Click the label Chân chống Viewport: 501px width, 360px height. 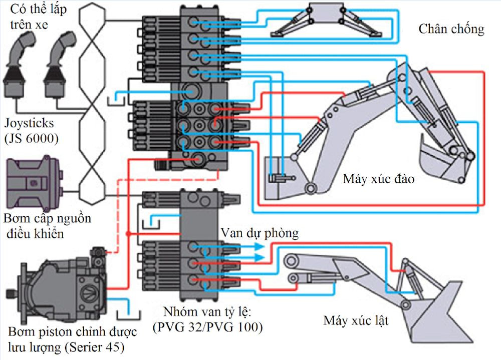click(x=451, y=29)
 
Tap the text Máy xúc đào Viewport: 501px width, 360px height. click(x=378, y=179)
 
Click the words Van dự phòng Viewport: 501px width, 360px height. click(x=259, y=233)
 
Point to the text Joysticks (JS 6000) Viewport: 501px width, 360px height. click(x=31, y=130)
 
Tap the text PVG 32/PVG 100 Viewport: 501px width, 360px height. click(x=207, y=327)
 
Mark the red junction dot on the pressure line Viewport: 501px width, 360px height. click(x=129, y=234)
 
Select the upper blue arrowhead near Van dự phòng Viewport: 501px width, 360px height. click(x=260, y=248)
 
